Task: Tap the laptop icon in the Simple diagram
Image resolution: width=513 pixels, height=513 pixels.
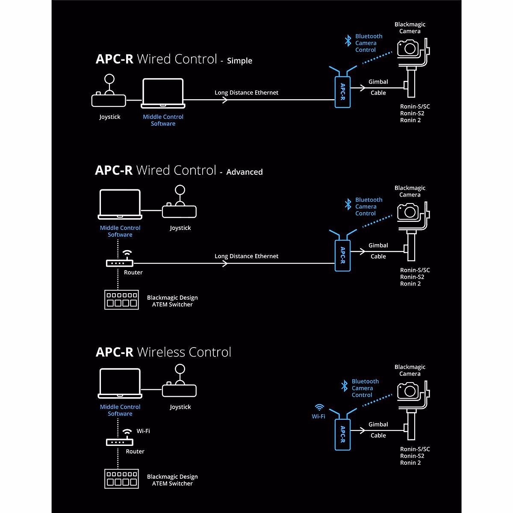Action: [x=163, y=93]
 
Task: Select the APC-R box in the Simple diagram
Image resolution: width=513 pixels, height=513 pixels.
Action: [x=342, y=92]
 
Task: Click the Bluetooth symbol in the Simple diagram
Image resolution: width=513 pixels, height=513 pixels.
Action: [x=348, y=41]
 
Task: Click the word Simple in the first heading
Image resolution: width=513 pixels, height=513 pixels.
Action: [x=239, y=61]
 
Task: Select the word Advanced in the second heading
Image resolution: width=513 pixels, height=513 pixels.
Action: [x=245, y=172]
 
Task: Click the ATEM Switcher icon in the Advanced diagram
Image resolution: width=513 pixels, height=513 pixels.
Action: [x=122, y=300]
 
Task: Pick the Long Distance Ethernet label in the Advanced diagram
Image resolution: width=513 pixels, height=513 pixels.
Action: [x=246, y=256]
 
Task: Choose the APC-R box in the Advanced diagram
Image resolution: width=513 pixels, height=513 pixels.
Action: [x=342, y=256]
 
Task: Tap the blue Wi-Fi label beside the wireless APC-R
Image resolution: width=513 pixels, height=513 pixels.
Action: [x=318, y=416]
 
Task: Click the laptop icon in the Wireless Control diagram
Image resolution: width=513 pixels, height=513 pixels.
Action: [x=120, y=383]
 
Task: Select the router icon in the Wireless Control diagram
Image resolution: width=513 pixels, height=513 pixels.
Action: [x=120, y=442]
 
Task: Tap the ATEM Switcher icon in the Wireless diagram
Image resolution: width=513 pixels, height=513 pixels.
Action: [x=122, y=479]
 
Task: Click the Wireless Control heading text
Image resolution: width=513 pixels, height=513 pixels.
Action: [x=184, y=352]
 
